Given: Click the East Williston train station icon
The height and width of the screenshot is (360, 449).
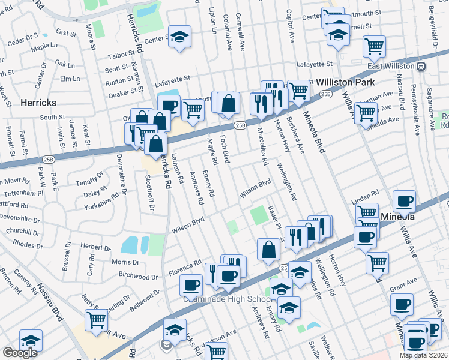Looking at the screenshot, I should [x=421, y=66].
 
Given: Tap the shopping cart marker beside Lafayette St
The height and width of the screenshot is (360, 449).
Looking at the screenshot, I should [x=374, y=46].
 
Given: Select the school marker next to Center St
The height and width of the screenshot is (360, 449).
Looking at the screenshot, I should [x=179, y=36].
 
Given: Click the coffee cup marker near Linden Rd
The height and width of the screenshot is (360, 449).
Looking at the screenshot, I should [x=404, y=202].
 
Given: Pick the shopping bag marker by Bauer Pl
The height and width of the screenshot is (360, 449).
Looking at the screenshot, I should [x=268, y=250].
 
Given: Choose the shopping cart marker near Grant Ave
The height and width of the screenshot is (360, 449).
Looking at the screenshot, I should [x=376, y=262].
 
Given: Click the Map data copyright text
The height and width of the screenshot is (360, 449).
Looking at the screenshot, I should [x=424, y=355].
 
